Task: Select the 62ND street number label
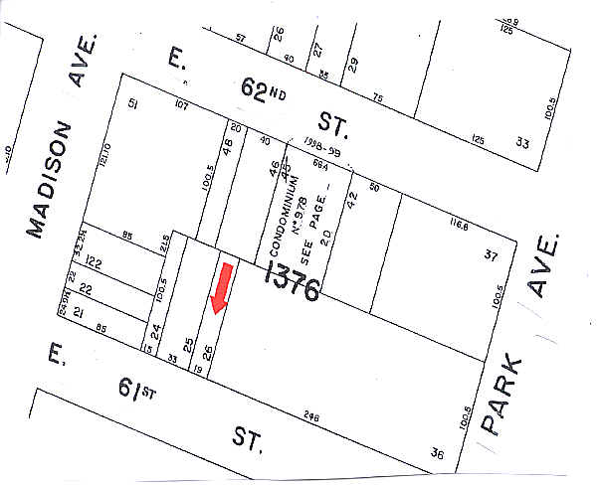point(262,92)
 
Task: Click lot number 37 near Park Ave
point(491,255)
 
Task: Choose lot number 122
point(95,262)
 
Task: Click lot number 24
point(156,331)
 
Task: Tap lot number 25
point(187,347)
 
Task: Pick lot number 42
point(350,197)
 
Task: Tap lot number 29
point(351,66)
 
